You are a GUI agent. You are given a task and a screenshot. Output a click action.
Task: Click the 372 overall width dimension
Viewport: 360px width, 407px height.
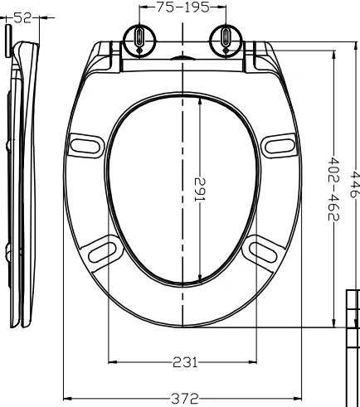pyautogui.click(x=185, y=398)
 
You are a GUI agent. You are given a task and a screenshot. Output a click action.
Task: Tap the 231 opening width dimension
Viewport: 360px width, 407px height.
pyautogui.click(x=185, y=362)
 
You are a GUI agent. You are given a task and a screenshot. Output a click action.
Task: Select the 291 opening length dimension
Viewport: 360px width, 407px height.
pyautogui.click(x=200, y=190)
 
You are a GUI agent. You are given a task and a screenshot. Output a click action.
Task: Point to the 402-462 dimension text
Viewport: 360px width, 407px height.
pyautogui.click(x=333, y=189)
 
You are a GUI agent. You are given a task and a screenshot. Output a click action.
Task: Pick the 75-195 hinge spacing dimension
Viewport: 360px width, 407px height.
pyautogui.click(x=183, y=7)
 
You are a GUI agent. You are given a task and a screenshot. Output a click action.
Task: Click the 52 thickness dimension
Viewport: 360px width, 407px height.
pyautogui.click(x=22, y=18)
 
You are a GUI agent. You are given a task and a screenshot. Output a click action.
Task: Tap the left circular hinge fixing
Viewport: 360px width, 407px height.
pyautogui.click(x=139, y=41)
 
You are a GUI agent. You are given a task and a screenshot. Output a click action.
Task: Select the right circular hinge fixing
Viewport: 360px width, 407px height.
pyautogui.click(x=226, y=41)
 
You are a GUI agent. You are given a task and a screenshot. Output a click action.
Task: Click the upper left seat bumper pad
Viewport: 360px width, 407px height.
pyautogui.click(x=85, y=146)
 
